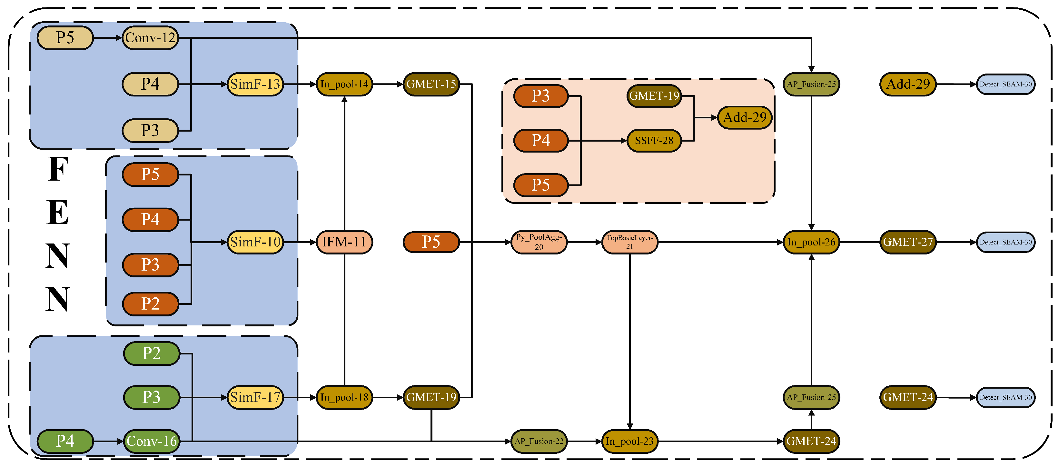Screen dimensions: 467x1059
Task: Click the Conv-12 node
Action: click(150, 38)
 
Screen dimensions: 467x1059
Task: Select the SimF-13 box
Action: click(255, 84)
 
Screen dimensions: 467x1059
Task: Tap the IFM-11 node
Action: click(344, 242)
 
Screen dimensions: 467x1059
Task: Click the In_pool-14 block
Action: click(344, 84)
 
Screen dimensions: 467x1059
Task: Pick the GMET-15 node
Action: click(431, 84)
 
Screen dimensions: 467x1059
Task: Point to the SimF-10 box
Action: click(255, 242)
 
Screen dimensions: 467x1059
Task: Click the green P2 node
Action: click(151, 353)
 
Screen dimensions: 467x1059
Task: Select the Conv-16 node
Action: click(151, 441)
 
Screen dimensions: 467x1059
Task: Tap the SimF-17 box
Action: click(255, 397)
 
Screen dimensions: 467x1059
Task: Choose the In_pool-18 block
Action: click(344, 397)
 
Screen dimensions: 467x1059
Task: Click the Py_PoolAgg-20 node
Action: click(539, 242)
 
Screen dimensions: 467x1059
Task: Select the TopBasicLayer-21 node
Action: click(629, 242)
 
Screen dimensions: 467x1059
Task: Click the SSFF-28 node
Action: click(654, 141)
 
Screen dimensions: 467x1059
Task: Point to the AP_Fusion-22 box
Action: click(539, 441)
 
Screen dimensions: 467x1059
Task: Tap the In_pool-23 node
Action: click(629, 441)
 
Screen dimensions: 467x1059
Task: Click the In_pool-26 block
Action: click(811, 242)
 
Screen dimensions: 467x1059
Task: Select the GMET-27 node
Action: click(908, 242)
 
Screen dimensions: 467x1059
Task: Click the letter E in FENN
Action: click(57, 213)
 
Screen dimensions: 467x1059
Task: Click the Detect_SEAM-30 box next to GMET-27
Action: click(1005, 242)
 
